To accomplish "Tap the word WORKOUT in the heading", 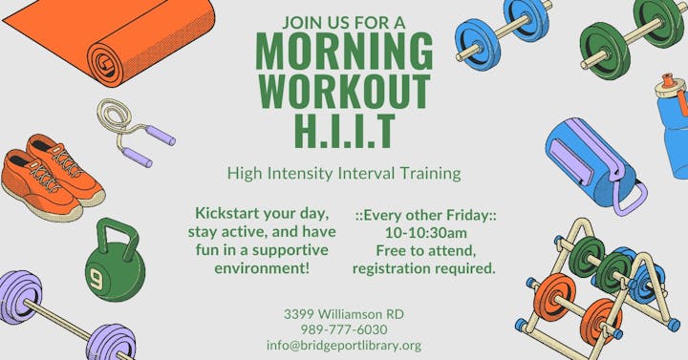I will pyautogui.click(x=344, y=91).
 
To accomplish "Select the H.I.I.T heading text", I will pyautogui.click(x=344, y=132).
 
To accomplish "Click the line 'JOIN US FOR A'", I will pyautogui.click(x=344, y=21).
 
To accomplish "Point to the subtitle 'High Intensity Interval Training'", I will pyautogui.click(x=344, y=174).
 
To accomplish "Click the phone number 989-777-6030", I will pyautogui.click(x=343, y=329).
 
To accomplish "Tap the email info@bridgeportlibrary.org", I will pyautogui.click(x=344, y=346).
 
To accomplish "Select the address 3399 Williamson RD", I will pyautogui.click(x=344, y=313).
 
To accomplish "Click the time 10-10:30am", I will pyautogui.click(x=425, y=231).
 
